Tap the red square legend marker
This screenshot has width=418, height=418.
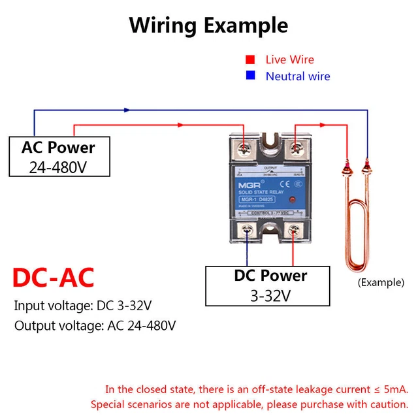tap(250, 59)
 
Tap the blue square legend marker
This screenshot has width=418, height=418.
tap(250, 76)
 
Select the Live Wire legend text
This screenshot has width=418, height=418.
tap(289, 59)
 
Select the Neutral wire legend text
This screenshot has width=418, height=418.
tap(298, 76)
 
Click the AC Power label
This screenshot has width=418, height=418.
tap(58, 148)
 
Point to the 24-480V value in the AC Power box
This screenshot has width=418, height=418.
tap(58, 167)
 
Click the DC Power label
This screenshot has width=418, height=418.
tap(270, 276)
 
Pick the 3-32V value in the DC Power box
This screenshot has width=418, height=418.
tap(270, 296)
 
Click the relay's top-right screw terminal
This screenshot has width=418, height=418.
tap(296, 148)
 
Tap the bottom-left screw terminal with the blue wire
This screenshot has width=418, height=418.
tap(247, 230)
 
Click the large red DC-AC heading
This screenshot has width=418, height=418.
tap(54, 277)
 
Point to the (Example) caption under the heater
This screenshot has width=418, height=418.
tap(381, 283)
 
